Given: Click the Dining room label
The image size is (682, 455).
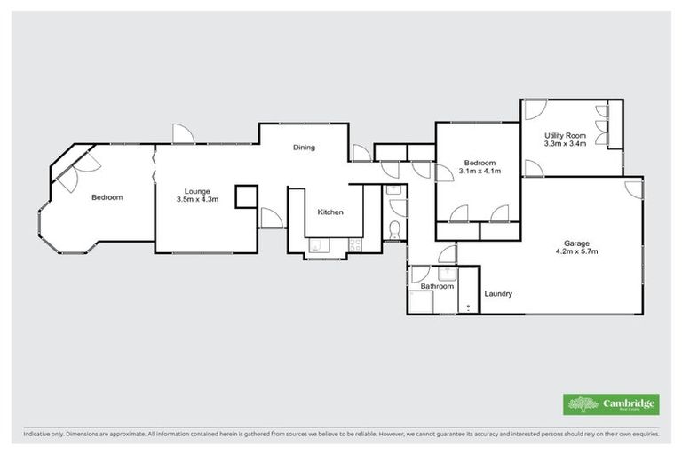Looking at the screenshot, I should point(305,148).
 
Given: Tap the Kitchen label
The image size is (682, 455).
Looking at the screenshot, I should point(330,212).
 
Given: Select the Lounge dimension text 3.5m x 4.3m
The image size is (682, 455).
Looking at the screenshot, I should point(197,200).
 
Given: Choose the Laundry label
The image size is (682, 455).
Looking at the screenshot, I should point(498,294).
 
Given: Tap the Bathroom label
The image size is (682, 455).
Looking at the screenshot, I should point(437,286).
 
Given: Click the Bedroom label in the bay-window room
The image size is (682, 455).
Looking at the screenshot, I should point(107,197).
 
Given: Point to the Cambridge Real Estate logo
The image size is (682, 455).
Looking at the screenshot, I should point(611,404).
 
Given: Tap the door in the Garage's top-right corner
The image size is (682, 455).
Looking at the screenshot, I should point(632,188).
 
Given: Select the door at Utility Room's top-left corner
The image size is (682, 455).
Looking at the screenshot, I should point(533,110).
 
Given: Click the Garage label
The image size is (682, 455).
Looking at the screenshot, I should point(576,242).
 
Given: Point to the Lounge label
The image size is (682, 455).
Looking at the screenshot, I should point(197,190).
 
